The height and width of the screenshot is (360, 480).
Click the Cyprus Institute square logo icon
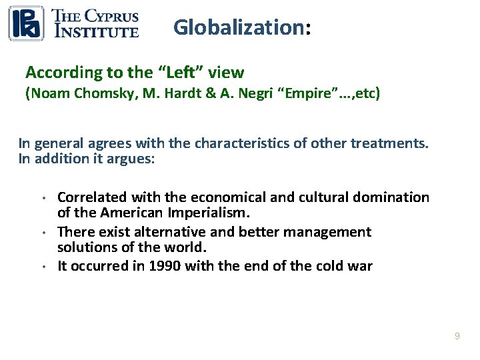(26, 23)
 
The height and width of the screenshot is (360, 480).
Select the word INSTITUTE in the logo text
(96, 31)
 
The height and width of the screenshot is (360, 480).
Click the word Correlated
(93, 197)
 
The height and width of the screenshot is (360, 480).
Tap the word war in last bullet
(360, 266)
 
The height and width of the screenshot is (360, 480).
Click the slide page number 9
(457, 336)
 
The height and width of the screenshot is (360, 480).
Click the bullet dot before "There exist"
(43, 233)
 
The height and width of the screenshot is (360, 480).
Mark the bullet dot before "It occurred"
(43, 267)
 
